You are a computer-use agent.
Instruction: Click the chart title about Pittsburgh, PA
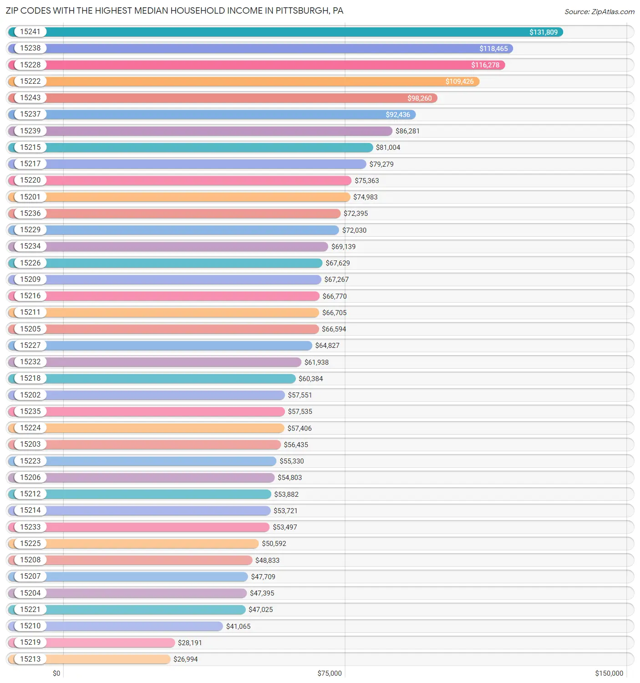tap(174, 10)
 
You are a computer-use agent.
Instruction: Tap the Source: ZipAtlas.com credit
tap(599, 12)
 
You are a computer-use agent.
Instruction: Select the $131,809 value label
tap(543, 32)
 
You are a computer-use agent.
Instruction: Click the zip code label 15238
tap(30, 48)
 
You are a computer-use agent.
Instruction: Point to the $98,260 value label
tap(419, 98)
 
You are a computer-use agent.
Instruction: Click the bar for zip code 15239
tap(218, 131)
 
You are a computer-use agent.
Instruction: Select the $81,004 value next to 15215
tap(388, 148)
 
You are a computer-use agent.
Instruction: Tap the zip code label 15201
tap(30, 197)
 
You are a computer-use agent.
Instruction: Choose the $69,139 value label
tap(343, 247)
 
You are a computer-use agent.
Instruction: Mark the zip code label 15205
tap(30, 329)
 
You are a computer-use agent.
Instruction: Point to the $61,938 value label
tap(316, 362)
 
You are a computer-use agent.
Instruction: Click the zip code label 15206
tap(30, 477)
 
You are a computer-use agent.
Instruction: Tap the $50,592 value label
tap(274, 544)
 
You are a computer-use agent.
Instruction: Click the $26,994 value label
tap(185, 659)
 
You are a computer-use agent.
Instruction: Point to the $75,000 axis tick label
tap(329, 673)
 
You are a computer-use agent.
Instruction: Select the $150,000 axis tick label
tap(609, 673)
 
